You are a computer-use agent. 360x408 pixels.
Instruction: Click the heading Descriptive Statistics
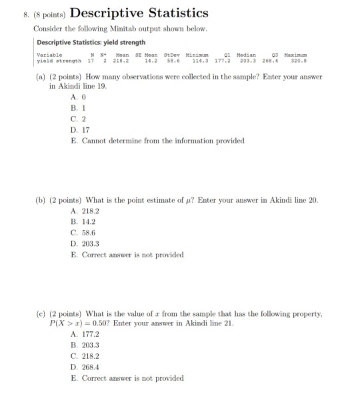pyautogui.click(x=139, y=13)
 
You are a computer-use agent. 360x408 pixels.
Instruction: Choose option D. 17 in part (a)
pyautogui.click(x=79, y=131)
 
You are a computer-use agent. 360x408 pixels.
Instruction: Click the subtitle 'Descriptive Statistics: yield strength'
pyautogui.click(x=91, y=43)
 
